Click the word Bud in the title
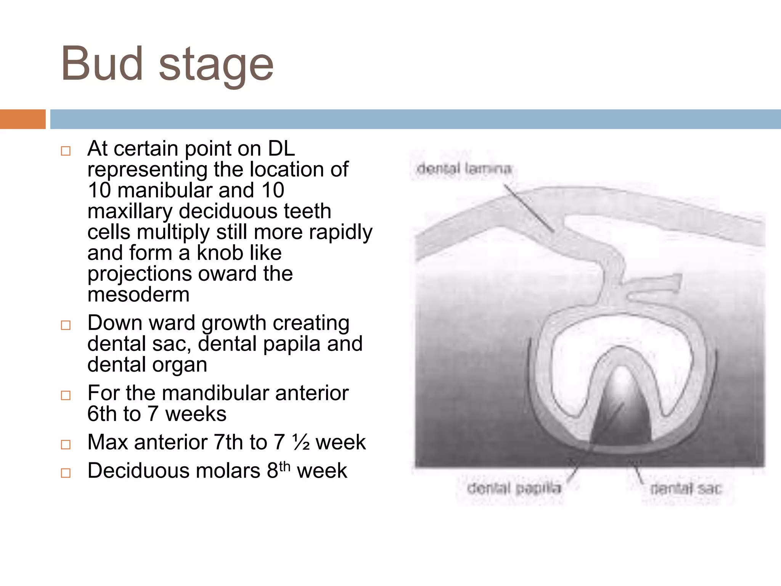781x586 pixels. point(102,64)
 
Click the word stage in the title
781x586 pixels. point(216,66)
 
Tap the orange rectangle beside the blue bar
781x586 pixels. point(22,119)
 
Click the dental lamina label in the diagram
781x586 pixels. point(464,169)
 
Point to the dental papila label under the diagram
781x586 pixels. point(514,488)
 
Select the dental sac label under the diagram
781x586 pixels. point(686,489)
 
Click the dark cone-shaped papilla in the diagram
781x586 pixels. point(621,416)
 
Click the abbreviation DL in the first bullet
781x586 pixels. point(281,148)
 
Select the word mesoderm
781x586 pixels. point(138,295)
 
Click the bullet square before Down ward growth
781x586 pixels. point(66,325)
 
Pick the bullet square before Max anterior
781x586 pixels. point(66,444)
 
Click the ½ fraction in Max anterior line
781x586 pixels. point(301,443)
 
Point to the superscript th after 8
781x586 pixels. point(284,466)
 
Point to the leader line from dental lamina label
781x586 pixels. point(528,208)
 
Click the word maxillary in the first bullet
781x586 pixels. point(130,211)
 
